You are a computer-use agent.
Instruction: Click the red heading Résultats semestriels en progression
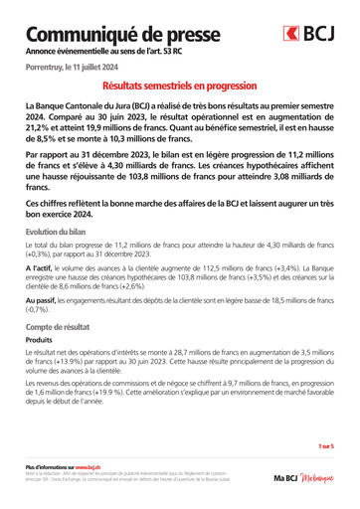point(180,87)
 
